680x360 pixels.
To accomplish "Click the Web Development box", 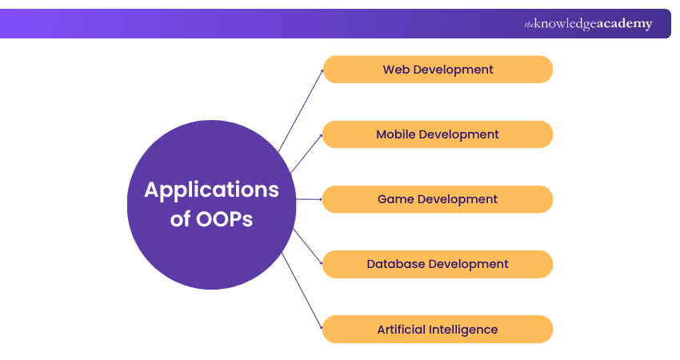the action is point(438,70).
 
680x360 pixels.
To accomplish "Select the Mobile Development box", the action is point(438,134).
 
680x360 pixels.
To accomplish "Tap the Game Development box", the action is point(438,199).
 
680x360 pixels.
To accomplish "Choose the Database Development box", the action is point(438,264).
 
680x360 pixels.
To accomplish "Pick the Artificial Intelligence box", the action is point(438,330).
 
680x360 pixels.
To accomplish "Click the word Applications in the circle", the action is point(212,190).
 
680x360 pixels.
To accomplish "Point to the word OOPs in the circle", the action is point(224,219).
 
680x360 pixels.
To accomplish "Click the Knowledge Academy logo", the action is point(588,23).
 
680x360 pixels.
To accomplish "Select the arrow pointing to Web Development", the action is point(301,110).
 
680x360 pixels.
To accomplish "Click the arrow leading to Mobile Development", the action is point(306,154).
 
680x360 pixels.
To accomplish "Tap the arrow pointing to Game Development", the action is point(310,199).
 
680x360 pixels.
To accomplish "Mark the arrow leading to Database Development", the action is point(308,246).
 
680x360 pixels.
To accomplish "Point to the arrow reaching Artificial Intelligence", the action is point(302,290).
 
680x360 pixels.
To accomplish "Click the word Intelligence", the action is point(462,330).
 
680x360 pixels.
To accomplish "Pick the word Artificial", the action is point(401,330).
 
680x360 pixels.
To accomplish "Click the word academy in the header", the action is point(625,24).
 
